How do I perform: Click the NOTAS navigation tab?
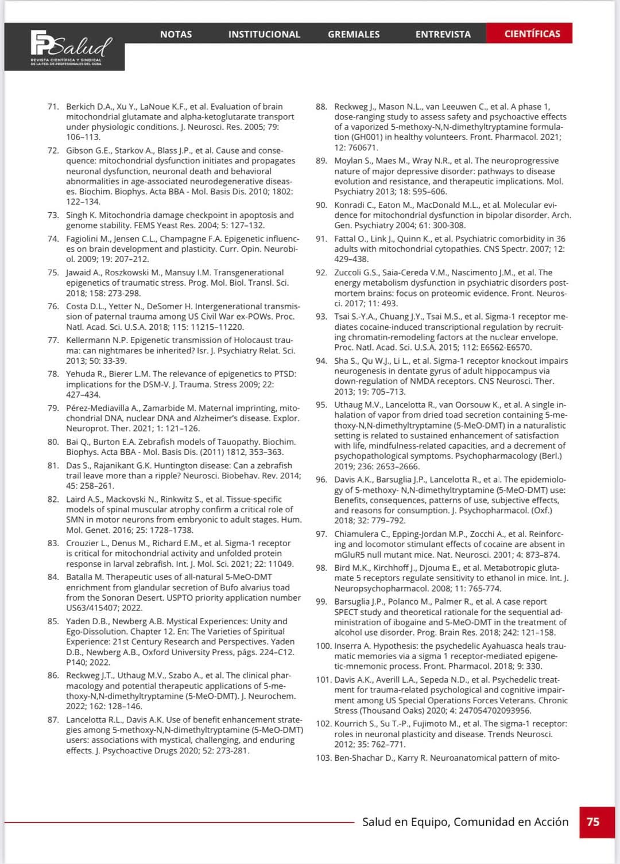[176, 34]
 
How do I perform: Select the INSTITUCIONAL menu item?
[264, 34]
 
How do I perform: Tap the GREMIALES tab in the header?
[354, 34]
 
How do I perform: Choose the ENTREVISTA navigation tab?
[443, 34]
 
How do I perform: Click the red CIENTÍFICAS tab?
[532, 34]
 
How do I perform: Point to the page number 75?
[593, 822]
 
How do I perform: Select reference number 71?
[53, 107]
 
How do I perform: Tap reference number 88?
[321, 107]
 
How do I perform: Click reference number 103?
[324, 758]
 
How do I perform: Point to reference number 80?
[53, 442]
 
